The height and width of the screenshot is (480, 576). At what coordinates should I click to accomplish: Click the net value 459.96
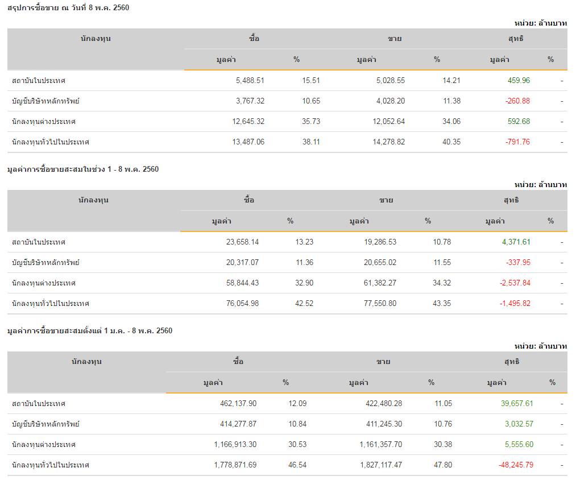519,81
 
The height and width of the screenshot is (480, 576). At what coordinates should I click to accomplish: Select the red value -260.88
517,101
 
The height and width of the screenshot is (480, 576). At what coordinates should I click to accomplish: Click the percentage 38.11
311,142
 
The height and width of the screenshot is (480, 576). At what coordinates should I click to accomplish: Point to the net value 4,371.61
516,242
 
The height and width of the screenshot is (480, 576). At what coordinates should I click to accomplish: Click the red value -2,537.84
515,283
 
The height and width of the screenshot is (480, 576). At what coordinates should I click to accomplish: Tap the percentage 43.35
442,304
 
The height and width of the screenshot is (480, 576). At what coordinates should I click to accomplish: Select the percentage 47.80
444,465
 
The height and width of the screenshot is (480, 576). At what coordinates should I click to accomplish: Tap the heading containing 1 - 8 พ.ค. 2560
83,169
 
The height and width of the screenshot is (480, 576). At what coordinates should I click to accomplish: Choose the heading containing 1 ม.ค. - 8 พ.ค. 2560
90,330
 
